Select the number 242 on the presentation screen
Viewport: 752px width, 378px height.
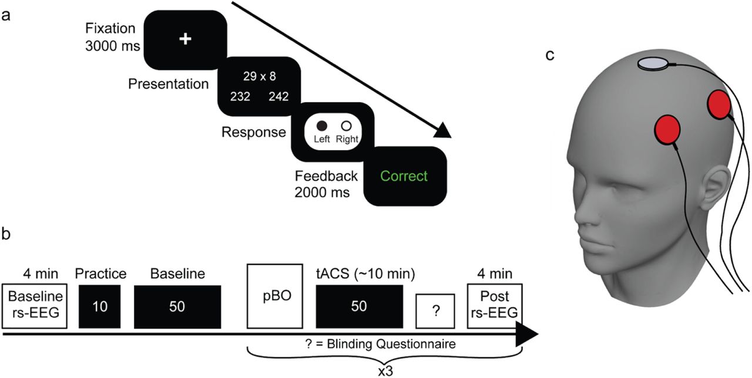coord(278,97)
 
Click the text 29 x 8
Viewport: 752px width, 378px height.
coord(259,76)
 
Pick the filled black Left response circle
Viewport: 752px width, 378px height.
coord(321,126)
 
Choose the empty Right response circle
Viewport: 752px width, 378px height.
coord(346,126)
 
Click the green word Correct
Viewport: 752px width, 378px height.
coord(404,176)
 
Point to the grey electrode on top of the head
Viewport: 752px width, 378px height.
coord(654,63)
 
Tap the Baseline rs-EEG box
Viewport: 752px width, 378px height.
coord(33,307)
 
